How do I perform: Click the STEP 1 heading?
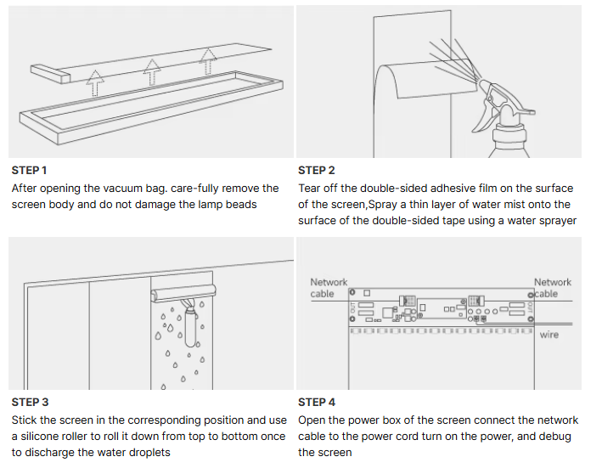pos(30,171)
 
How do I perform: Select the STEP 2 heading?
pos(317,171)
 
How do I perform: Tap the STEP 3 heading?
pos(30,402)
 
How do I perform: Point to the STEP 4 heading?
pos(317,402)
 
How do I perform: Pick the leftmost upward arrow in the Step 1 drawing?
pos(96,82)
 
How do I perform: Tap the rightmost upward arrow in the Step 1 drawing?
pos(207,61)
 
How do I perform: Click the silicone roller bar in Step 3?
pos(183,294)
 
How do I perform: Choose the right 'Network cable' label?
pos(552,288)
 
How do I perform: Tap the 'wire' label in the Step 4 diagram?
pos(549,335)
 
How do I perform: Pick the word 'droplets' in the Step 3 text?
pos(146,453)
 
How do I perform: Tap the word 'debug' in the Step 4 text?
pos(554,437)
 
